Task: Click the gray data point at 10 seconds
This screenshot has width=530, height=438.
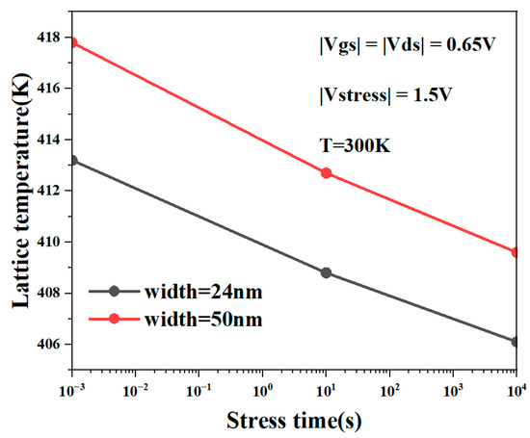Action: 326,272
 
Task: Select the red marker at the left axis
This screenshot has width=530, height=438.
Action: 72,43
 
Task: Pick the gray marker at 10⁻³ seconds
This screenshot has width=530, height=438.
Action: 72,160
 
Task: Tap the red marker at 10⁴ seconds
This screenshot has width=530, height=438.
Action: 517,252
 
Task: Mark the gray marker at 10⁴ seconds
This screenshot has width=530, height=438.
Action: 517,342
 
